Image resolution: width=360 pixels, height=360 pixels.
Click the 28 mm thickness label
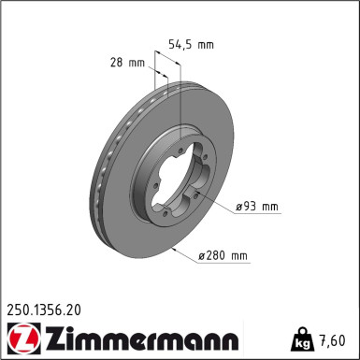pos(128,62)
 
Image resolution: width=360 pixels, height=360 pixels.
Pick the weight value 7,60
pos(338,338)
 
